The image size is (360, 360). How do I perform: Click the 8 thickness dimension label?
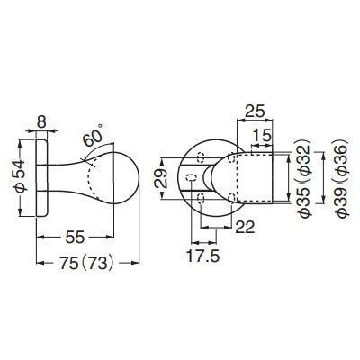(41, 121)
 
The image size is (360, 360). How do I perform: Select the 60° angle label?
(93, 137)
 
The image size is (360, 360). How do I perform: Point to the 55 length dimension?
(75, 238)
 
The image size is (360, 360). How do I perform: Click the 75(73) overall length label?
(87, 264)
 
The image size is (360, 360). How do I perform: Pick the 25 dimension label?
(256, 112)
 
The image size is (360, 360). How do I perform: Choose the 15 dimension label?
(262, 136)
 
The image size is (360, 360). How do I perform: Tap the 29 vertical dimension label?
(160, 178)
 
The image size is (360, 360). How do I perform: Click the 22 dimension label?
(245, 227)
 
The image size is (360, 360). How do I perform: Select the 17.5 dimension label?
(203, 256)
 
